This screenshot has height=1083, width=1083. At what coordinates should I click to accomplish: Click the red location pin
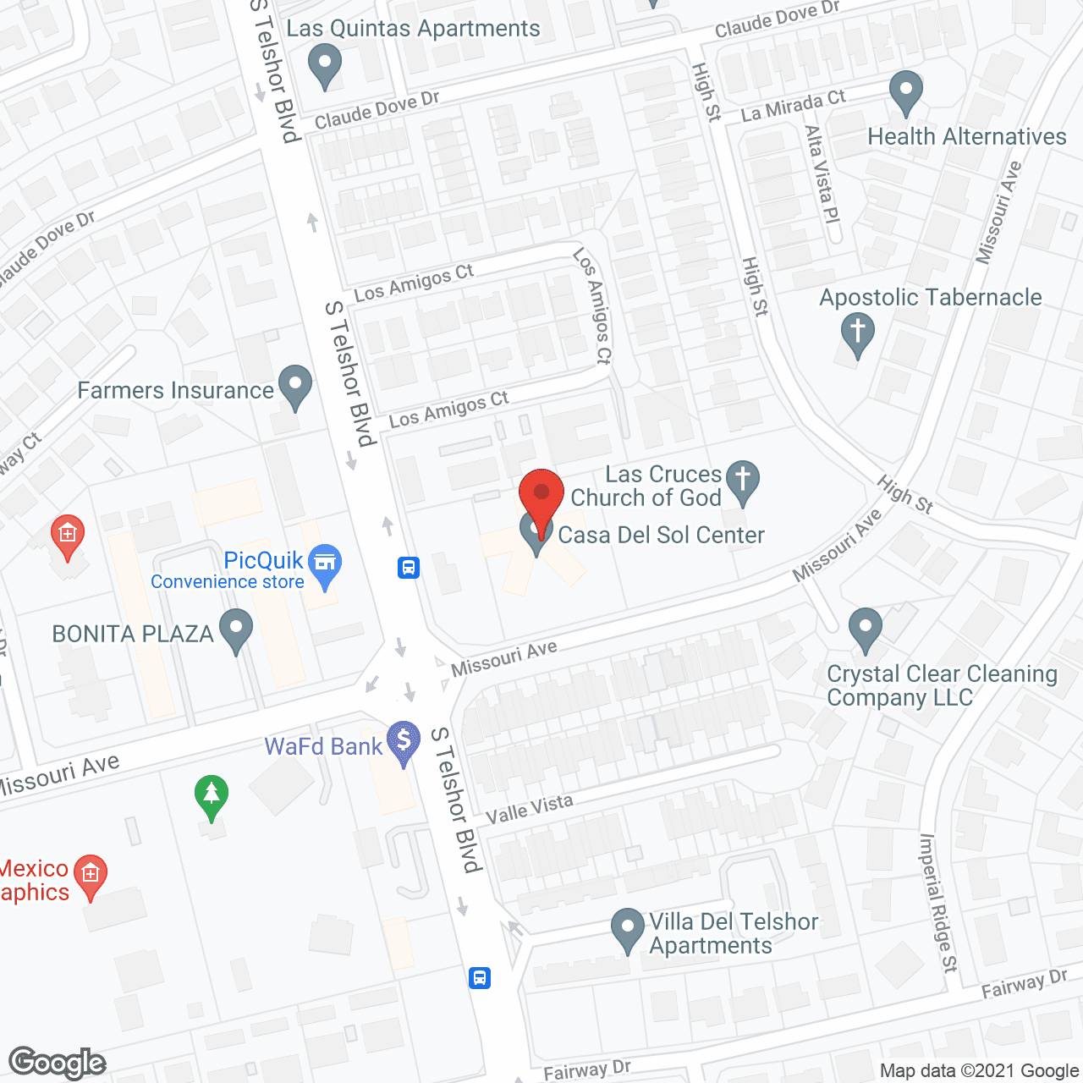click(541, 494)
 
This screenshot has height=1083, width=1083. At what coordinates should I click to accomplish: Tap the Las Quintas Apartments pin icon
click(324, 65)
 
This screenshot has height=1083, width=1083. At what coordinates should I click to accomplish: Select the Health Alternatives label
click(966, 137)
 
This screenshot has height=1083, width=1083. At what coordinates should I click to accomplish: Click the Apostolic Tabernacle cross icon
click(857, 333)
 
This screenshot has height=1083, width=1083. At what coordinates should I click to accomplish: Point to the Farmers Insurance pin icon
click(294, 386)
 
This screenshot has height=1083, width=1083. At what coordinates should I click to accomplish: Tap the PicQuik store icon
click(324, 563)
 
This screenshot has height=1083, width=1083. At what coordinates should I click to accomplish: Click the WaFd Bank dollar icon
click(403, 741)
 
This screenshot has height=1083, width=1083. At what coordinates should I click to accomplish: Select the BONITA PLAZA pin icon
click(235, 629)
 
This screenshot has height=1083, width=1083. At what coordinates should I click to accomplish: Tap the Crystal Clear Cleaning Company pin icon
click(865, 629)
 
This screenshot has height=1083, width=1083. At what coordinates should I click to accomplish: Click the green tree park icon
click(212, 795)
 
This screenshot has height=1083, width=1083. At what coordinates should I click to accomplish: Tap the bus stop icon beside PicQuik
click(409, 567)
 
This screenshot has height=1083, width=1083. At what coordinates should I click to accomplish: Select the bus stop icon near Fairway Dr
click(480, 978)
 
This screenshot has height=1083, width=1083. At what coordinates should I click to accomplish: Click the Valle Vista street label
click(530, 810)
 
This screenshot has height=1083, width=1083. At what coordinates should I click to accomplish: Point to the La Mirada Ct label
click(793, 107)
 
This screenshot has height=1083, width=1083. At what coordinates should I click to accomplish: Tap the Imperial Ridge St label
click(938, 903)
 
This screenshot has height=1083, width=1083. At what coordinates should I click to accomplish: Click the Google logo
click(58, 1063)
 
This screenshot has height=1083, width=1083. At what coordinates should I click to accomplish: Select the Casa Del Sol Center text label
click(661, 536)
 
